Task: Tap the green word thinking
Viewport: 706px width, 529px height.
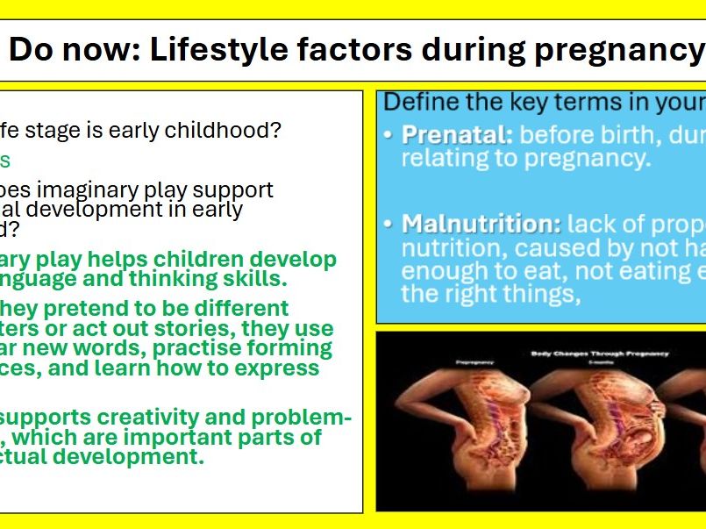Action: [235, 279]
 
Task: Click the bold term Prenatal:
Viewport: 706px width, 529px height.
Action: [456, 136]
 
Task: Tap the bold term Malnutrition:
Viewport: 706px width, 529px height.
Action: [481, 224]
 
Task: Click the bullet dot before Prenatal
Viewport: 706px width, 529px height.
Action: [389, 137]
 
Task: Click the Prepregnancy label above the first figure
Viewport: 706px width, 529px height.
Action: [469, 361]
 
